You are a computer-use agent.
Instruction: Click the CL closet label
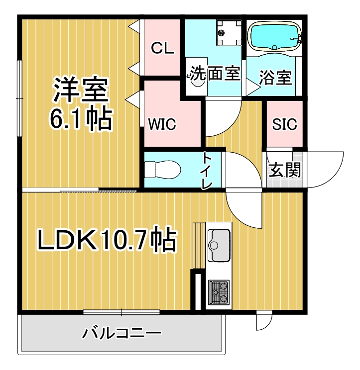click(x=162, y=48)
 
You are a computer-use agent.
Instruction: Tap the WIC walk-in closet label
click(x=162, y=124)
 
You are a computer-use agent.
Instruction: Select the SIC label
click(x=284, y=124)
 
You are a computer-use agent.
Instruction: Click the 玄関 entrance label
click(x=285, y=170)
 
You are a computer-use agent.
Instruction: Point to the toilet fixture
click(x=162, y=170)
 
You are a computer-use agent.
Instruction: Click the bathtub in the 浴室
click(x=274, y=36)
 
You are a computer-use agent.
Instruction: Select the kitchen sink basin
click(x=219, y=245)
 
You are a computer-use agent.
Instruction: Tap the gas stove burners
click(x=219, y=292)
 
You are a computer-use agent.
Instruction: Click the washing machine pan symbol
click(x=229, y=33)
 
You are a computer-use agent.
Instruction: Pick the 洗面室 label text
click(x=215, y=73)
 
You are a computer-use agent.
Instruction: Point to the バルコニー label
click(x=121, y=333)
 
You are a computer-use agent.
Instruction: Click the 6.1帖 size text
click(x=80, y=119)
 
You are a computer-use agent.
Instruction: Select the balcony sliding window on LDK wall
click(x=121, y=312)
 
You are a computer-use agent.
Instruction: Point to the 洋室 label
click(x=81, y=90)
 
